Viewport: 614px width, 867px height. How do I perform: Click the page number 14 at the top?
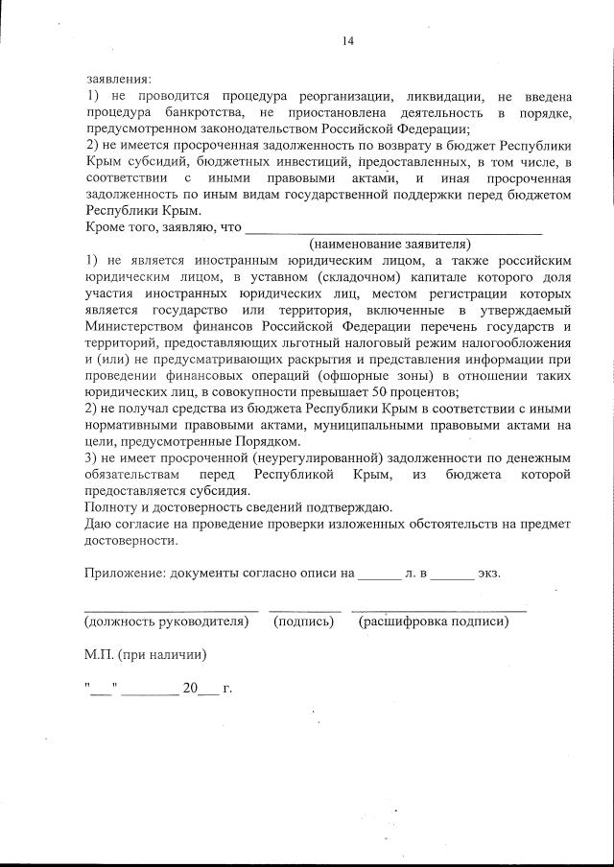point(347,40)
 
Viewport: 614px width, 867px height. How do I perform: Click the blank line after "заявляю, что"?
point(393,230)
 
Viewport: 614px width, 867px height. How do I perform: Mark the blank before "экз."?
point(452,575)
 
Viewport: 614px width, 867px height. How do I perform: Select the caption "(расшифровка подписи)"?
point(433,621)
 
